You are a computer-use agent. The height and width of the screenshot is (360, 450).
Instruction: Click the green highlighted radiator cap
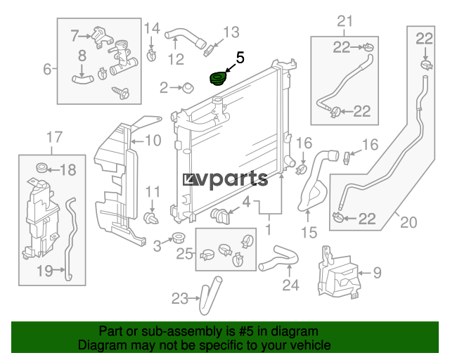pos(218,79)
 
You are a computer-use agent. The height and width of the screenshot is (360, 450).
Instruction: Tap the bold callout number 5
pos(240,58)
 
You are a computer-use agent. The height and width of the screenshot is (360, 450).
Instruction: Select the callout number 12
pos(176,60)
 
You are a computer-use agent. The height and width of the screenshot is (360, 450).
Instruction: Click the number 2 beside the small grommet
pos(164,88)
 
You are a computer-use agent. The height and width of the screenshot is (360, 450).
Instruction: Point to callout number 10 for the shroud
pos(153,141)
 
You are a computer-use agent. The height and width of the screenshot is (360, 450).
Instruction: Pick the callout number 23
pos(180,299)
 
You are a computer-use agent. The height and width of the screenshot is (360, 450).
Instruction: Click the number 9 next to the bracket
pos(378,273)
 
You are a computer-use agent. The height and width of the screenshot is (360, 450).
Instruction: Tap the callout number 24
pos(290,285)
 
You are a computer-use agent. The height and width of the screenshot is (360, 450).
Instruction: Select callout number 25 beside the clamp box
pos(184,254)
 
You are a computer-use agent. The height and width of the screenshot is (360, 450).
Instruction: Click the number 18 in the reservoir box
pos(68,169)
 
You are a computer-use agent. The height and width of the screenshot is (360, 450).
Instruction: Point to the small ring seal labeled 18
pos(42,168)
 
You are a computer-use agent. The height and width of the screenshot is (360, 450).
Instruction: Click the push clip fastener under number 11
pos(151,218)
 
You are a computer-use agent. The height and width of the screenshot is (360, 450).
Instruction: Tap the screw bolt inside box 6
pos(121,92)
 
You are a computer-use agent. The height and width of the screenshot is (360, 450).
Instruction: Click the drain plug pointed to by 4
pos(220,216)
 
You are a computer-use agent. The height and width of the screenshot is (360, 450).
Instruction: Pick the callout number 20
pos(409,222)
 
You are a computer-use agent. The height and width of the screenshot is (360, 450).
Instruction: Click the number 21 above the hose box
pos(345,21)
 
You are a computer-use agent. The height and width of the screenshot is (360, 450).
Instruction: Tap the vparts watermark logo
pos(225,180)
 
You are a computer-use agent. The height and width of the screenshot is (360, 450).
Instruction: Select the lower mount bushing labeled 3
pos(178,238)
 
